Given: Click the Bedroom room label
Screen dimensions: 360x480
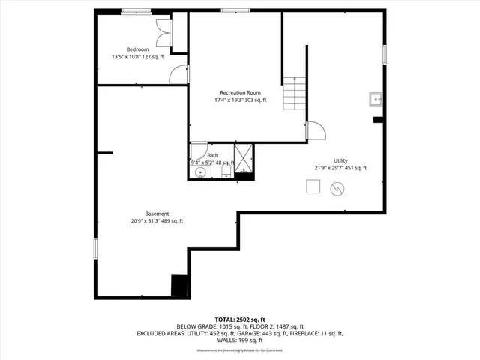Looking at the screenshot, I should (136, 49).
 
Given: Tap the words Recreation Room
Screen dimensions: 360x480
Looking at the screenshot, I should (240, 92).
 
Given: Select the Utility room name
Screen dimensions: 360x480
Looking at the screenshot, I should (340, 160).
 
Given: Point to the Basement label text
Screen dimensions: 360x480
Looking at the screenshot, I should (157, 213).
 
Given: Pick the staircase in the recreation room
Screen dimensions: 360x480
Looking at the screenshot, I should (294, 94).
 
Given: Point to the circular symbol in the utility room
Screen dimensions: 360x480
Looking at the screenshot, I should (337, 191).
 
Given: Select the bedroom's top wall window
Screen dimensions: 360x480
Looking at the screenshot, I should (135, 10).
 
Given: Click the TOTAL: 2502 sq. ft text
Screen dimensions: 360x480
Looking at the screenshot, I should (240, 319).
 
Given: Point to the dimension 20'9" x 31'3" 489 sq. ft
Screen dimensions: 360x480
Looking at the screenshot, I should (157, 221).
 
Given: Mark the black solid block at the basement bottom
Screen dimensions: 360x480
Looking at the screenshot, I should (180, 286).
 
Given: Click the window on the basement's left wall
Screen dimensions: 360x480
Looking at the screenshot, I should (94, 250).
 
